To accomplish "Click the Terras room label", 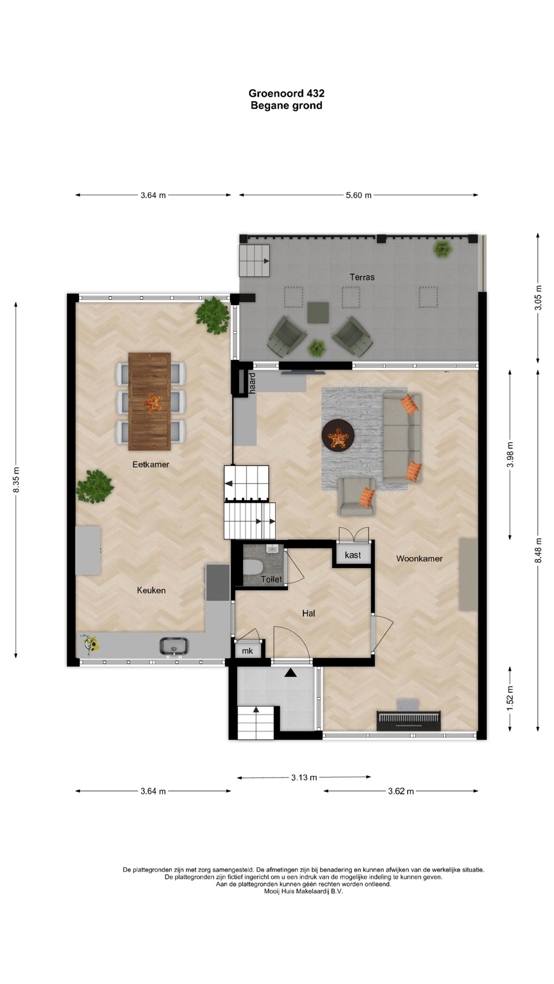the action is click(x=362, y=277).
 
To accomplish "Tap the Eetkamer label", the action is click(x=151, y=464).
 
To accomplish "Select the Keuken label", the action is click(x=151, y=590).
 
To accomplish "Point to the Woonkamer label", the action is click(x=419, y=559).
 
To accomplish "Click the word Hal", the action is click(x=308, y=613).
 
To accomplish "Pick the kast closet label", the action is click(x=353, y=555).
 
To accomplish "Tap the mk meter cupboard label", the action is click(x=247, y=651).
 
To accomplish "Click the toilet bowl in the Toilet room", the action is click(x=253, y=567).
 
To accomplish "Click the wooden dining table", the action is click(x=149, y=401).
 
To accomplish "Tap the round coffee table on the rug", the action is click(x=338, y=435).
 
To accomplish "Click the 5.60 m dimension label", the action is click(x=359, y=195).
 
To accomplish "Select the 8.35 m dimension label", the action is click(x=16, y=480).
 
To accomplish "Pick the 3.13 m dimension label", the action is click(x=304, y=777).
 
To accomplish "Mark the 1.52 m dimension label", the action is click(x=510, y=698).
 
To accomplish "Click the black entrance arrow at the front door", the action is click(x=291, y=672).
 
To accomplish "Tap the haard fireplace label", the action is click(x=252, y=383).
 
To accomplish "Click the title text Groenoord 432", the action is click(x=286, y=93).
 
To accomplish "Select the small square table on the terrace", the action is click(x=318, y=313).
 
